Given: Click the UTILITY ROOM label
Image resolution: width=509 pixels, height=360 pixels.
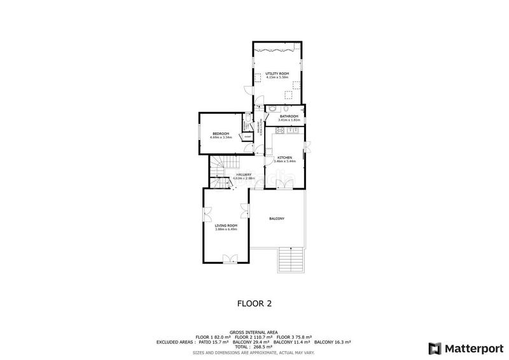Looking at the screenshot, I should click(x=277, y=74).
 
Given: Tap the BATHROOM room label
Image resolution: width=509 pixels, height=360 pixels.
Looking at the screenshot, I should click(x=289, y=116).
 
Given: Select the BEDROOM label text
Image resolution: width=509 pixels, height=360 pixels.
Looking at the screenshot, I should click(x=221, y=133).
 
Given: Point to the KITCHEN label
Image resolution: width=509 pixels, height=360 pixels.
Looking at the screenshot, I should click(x=285, y=157).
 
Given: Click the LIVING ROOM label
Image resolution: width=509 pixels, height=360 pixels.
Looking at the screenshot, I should click(x=226, y=226).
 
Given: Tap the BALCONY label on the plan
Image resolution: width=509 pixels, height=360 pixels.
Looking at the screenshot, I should click(x=276, y=219).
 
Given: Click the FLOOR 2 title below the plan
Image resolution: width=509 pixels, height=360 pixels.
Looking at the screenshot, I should click(x=254, y=303).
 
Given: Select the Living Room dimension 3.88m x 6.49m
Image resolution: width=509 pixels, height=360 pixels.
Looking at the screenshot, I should click(x=226, y=230).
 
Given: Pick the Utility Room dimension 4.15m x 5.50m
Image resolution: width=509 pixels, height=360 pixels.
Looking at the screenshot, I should click(x=277, y=78).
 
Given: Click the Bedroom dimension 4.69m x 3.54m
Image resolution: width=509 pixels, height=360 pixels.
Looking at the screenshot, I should click(x=221, y=137).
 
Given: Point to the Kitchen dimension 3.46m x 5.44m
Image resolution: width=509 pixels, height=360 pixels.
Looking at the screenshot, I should click(x=285, y=161).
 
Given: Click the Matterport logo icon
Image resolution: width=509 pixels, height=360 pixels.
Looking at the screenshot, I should click(x=435, y=348).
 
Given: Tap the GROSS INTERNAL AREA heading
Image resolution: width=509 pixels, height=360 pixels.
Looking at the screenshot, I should click(x=254, y=332).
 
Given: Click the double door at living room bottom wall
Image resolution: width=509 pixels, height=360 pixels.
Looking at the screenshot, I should click(x=229, y=258).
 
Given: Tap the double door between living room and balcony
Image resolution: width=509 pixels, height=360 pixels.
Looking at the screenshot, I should click(x=245, y=209).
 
